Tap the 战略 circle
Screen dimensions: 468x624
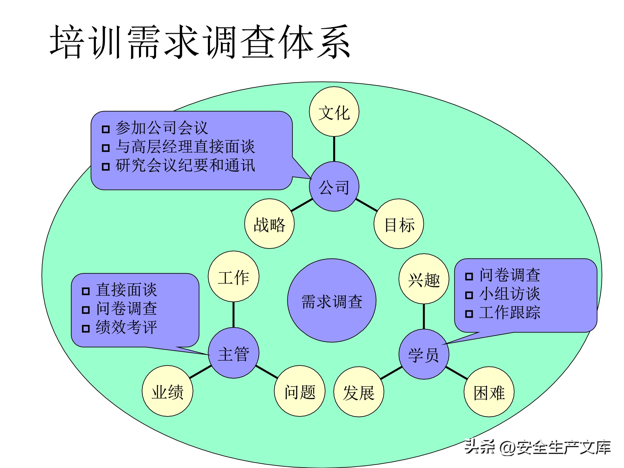269,224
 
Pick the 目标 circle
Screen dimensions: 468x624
399,224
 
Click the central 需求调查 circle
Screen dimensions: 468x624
332,301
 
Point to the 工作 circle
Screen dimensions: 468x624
234,276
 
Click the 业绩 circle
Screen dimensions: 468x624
168,391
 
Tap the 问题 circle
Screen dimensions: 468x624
300,391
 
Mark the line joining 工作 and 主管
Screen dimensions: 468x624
234,315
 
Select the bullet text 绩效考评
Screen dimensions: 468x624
126,327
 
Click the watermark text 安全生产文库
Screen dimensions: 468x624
564,447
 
